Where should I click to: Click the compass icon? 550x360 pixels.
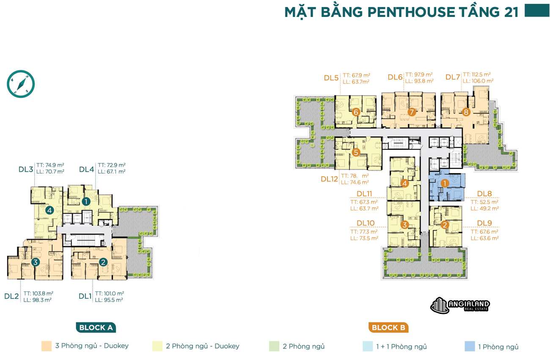[21, 84]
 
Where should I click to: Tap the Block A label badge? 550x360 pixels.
[96, 327]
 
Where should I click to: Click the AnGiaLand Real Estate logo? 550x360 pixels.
[460, 305]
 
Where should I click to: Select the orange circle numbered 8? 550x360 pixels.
[466, 112]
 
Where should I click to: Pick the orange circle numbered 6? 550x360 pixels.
[356, 112]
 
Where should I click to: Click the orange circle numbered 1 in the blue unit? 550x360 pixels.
[445, 183]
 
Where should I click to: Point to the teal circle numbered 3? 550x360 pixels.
[36, 262]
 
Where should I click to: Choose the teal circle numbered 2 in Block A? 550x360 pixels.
[103, 262]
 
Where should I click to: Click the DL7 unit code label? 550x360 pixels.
[453, 77]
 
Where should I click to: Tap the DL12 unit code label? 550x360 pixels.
[330, 179]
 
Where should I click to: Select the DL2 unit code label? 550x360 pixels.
[11, 296]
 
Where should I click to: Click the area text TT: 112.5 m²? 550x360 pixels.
[477, 74]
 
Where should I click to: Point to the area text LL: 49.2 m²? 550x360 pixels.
[484, 208]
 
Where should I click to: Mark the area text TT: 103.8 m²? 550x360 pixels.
[38, 293]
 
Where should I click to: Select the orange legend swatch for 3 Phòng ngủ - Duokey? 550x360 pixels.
[46, 346]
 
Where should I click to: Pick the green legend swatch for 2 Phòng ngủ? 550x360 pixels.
[273, 346]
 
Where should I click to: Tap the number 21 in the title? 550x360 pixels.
[511, 12]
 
